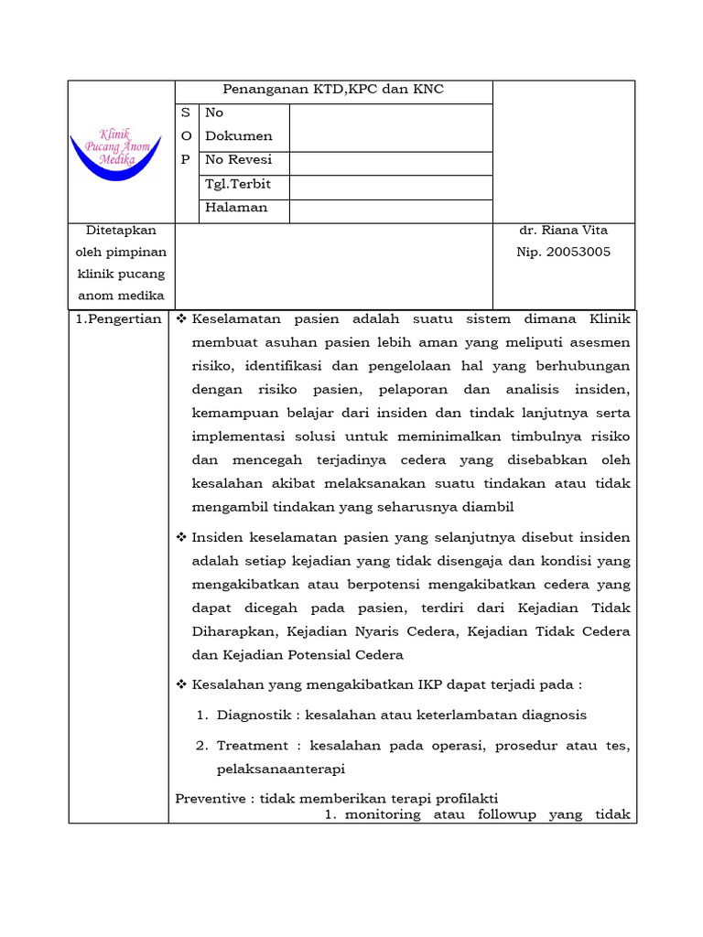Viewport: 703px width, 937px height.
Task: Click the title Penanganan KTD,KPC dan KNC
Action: coord(333,90)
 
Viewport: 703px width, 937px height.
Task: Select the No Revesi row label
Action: coord(238,160)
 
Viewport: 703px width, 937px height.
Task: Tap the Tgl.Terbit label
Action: coord(238,184)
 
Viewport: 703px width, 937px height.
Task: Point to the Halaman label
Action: coord(236,208)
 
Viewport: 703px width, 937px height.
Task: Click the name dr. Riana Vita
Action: coord(562,231)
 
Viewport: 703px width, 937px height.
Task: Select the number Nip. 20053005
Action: coord(563,253)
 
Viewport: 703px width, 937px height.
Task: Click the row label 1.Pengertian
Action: coord(118,319)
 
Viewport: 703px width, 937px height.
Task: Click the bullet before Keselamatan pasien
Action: coord(181,319)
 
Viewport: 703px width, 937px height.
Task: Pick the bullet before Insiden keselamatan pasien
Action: coord(181,537)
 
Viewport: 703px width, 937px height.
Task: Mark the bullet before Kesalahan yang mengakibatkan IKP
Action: coord(181,684)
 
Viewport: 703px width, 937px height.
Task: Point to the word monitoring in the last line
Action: coord(383,814)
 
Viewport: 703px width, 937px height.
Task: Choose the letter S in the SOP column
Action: coord(186,113)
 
